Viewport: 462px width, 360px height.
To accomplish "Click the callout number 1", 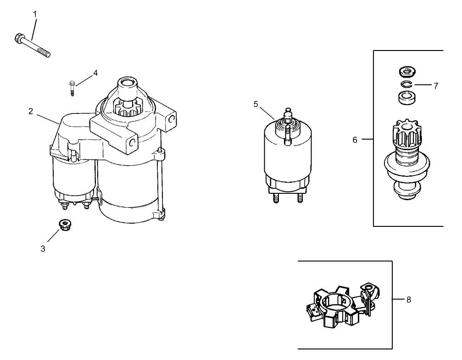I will [34, 14].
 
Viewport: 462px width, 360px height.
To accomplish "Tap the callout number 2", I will [30, 111].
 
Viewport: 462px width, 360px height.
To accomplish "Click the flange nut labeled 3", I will [64, 225].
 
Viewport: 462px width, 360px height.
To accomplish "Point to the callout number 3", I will [43, 248].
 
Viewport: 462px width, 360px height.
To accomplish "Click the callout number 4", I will [95, 73].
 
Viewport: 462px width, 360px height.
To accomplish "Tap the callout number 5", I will [256, 104].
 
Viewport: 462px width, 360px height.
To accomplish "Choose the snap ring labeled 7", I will [406, 84].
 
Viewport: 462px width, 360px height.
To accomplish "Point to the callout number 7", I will [435, 85].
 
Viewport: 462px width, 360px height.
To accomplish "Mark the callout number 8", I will [408, 299].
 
